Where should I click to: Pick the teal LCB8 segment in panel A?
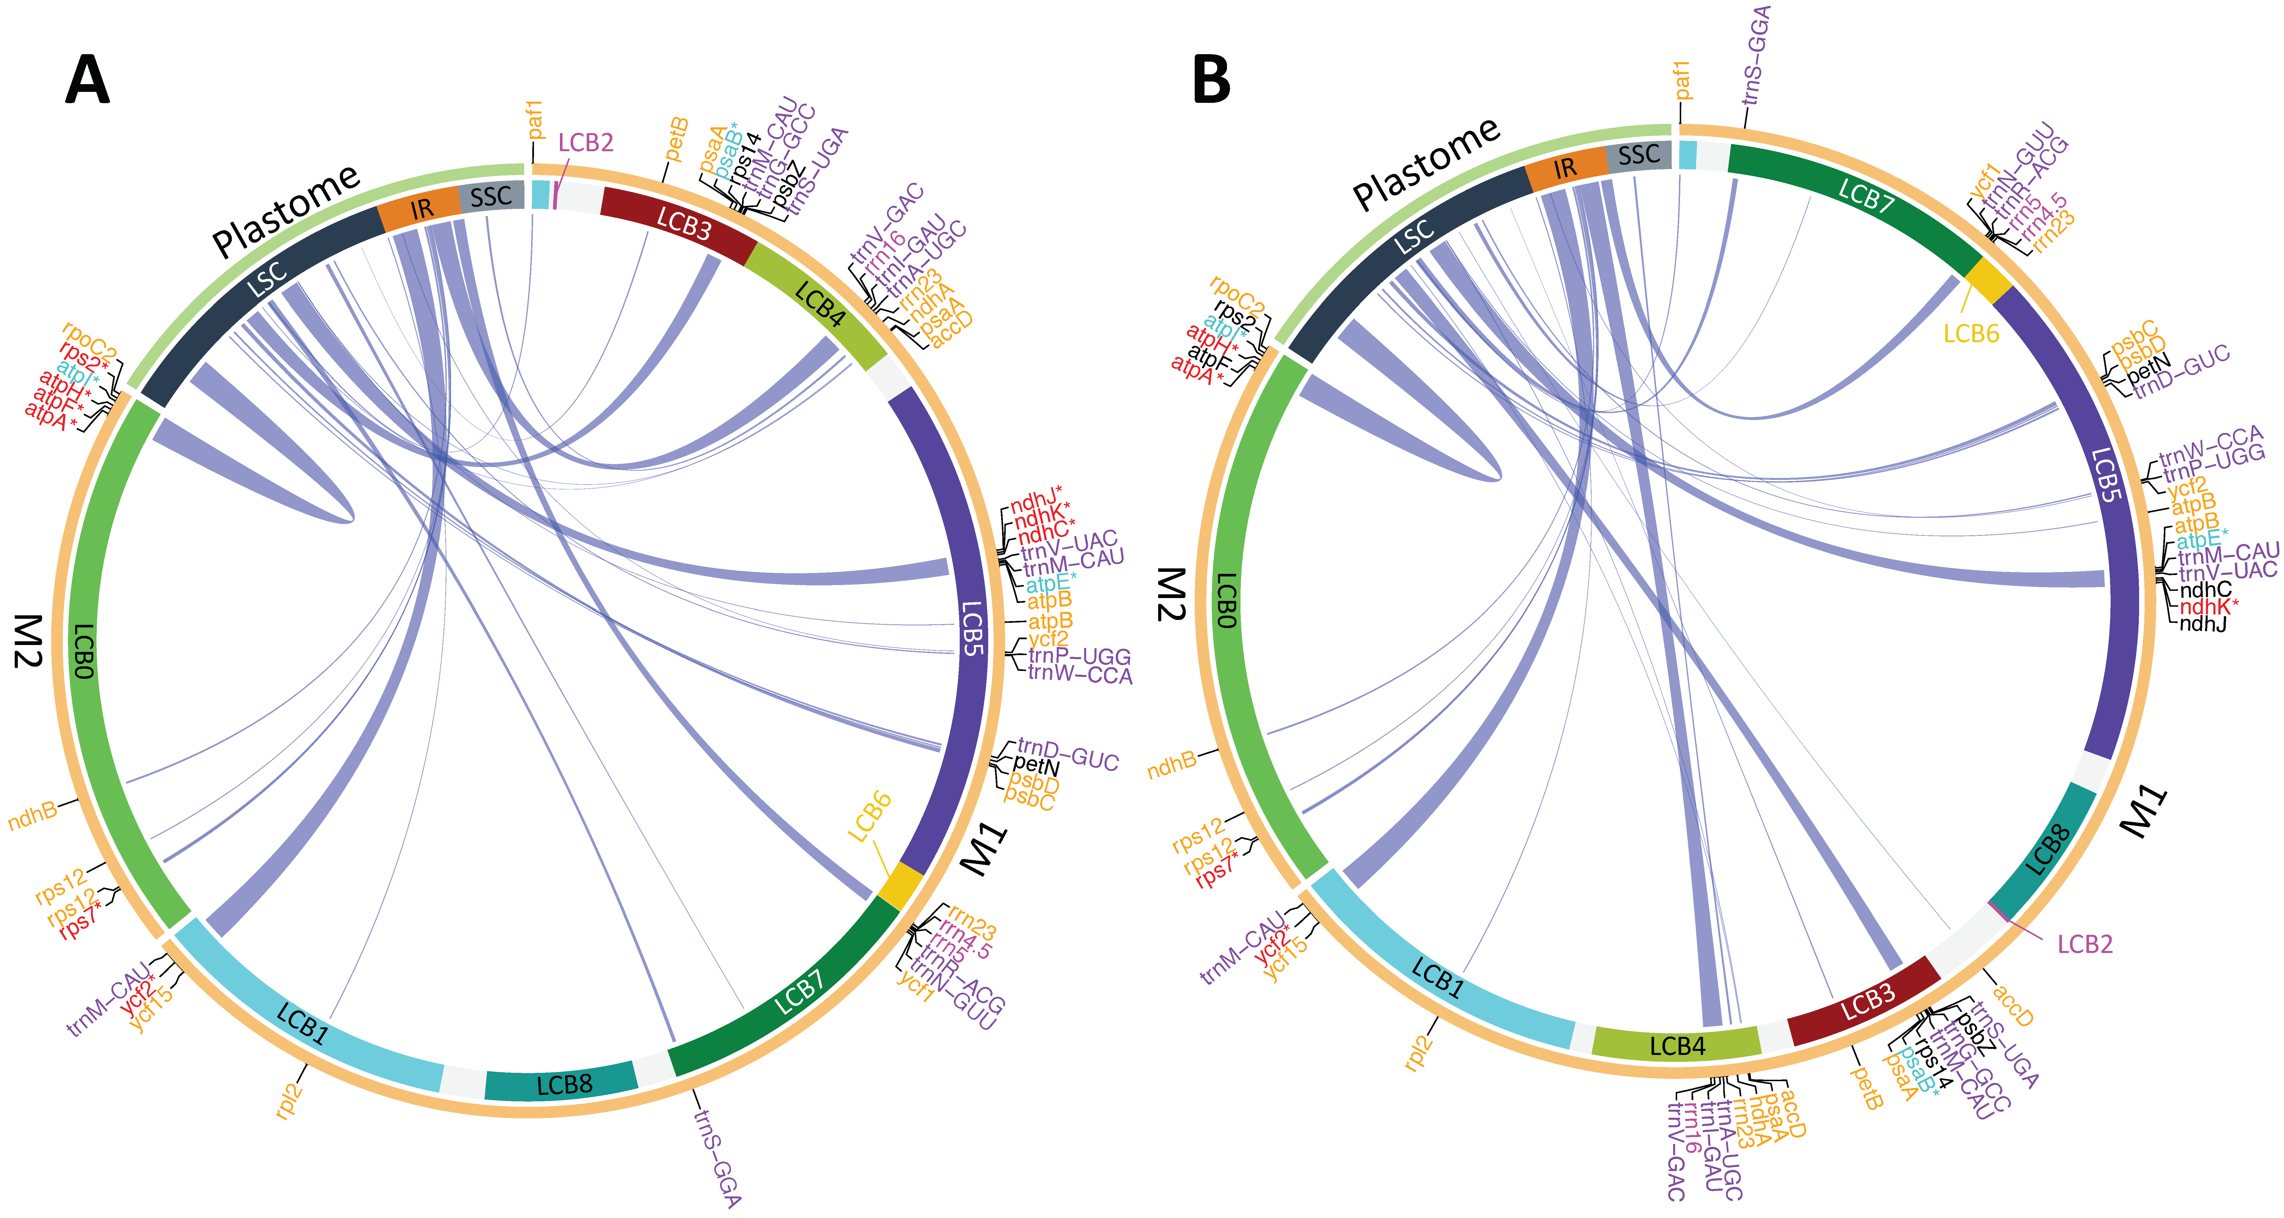tap(562, 1083)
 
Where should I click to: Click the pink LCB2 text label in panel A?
tap(585, 143)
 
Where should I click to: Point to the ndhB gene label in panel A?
tap(33, 816)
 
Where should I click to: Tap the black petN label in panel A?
tap(1036, 765)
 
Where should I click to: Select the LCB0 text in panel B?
tap(1226, 602)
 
